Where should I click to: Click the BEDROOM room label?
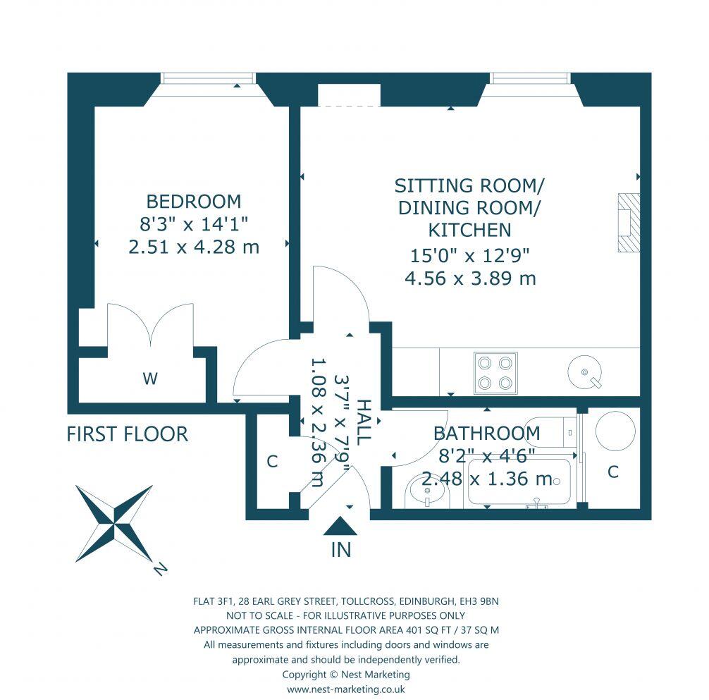[x=194, y=202]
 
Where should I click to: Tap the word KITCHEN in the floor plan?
[x=469, y=230]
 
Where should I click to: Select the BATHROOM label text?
[x=486, y=433]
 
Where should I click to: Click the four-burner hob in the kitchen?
[x=495, y=372]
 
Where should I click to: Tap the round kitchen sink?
[x=584, y=370]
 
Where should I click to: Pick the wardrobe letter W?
[x=149, y=379]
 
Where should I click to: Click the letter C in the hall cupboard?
[x=272, y=462]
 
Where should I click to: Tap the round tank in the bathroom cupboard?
[x=615, y=429]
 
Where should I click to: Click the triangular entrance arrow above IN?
[x=341, y=527]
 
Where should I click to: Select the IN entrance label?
[x=341, y=551]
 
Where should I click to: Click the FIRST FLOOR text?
[x=128, y=434]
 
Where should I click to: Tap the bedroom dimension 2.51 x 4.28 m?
[x=194, y=247]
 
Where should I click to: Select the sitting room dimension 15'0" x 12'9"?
[x=469, y=254]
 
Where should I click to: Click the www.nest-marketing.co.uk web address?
[x=346, y=690]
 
